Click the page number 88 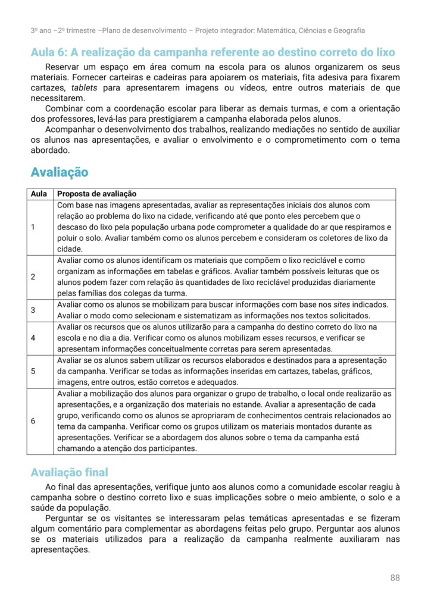pyautogui.click(x=395, y=577)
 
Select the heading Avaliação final pyautogui.click(x=69, y=472)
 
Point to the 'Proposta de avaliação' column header pyautogui.click(x=96, y=194)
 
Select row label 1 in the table pyautogui.click(x=33, y=227)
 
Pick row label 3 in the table pyautogui.click(x=33, y=310)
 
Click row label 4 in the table pyautogui.click(x=33, y=338)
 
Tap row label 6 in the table pyautogui.click(x=33, y=420)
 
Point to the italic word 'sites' pyautogui.click(x=339, y=304)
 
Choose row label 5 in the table pyautogui.click(x=33, y=371)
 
